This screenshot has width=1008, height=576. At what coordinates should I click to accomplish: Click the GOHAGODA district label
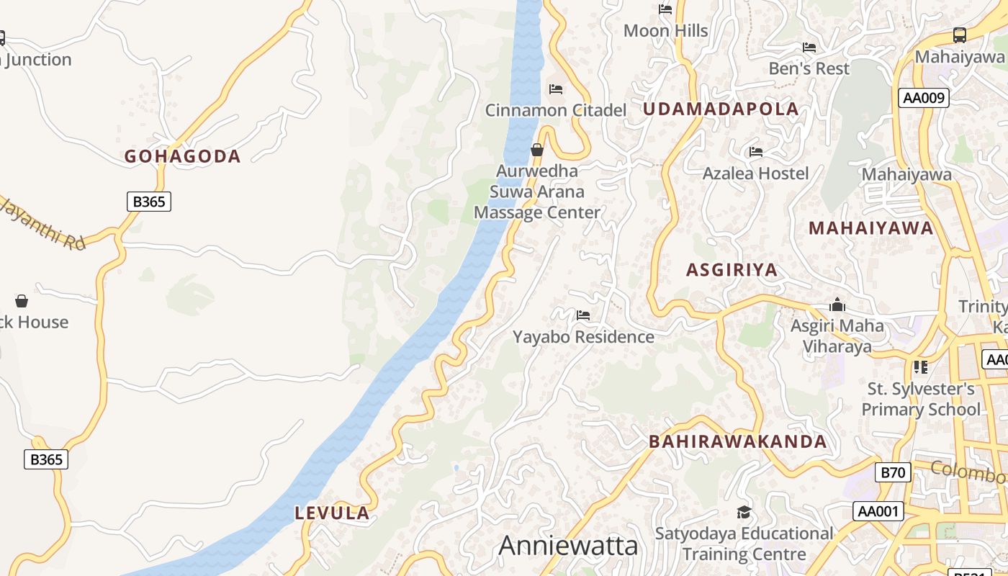pyautogui.click(x=182, y=156)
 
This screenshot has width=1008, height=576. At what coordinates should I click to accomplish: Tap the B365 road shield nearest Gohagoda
pyautogui.click(x=149, y=202)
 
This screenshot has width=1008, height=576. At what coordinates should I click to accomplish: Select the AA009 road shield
pyautogui.click(x=924, y=98)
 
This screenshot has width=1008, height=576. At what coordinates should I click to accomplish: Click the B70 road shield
pyautogui.click(x=893, y=473)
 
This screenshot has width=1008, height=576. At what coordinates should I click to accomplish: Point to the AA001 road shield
pyautogui.click(x=878, y=511)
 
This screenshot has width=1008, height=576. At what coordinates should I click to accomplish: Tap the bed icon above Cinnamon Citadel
pyautogui.click(x=556, y=89)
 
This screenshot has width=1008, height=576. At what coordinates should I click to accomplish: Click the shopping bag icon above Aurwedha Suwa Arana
pyautogui.click(x=537, y=150)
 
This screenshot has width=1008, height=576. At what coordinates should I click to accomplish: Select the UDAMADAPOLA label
pyautogui.click(x=721, y=109)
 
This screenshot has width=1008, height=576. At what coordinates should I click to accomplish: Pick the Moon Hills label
pyautogui.click(x=665, y=31)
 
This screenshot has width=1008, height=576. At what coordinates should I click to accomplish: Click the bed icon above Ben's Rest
pyautogui.click(x=809, y=48)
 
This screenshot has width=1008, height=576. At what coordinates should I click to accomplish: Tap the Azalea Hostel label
pyautogui.click(x=755, y=174)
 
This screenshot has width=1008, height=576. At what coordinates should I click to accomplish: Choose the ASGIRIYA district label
pyautogui.click(x=732, y=270)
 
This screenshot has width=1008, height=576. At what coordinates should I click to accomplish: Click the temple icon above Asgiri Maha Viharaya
pyautogui.click(x=837, y=305)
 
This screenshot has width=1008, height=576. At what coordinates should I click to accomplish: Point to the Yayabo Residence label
pyautogui.click(x=583, y=337)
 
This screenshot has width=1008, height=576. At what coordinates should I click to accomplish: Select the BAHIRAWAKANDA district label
pyautogui.click(x=738, y=441)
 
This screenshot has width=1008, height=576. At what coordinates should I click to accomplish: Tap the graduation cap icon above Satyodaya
pyautogui.click(x=744, y=512)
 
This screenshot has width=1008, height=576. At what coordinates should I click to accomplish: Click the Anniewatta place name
pyautogui.click(x=568, y=546)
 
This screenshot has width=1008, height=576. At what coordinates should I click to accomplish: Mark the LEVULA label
pyautogui.click(x=332, y=513)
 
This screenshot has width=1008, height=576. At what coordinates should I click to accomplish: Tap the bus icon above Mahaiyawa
pyautogui.click(x=959, y=35)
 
